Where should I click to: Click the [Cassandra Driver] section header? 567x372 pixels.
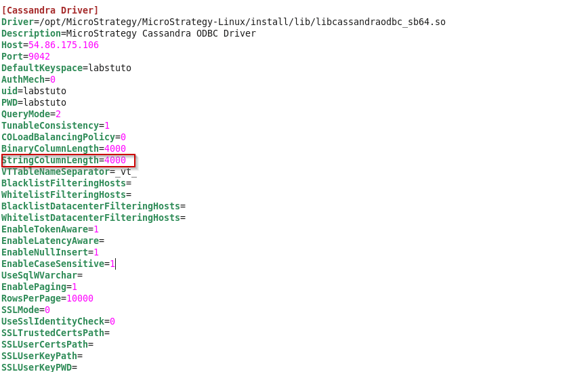[50, 10]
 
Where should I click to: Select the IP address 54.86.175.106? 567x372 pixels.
[64, 45]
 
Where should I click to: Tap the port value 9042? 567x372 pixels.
[39, 56]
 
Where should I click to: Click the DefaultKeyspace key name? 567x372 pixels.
[42, 68]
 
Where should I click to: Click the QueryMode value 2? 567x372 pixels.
[58, 114]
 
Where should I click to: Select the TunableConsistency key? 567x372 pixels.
[50, 125]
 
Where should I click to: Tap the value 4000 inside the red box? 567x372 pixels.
[115, 161]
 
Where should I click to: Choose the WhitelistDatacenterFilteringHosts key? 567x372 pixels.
[91, 218]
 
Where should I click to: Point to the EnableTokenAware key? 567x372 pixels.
[45, 229]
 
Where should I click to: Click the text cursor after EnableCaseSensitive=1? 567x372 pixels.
[116, 264]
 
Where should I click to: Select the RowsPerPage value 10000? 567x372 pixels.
[80, 298]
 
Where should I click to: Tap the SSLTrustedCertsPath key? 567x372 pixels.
[53, 333]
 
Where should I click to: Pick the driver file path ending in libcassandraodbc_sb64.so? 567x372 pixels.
[240, 22]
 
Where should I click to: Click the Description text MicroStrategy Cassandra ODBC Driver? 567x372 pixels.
[159, 33]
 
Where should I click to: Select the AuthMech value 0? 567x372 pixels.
[53, 79]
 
